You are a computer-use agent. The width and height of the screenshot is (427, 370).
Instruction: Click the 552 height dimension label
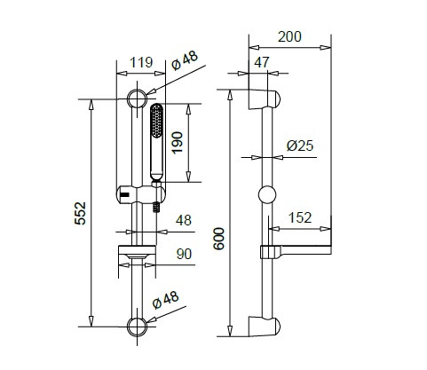point(80,213)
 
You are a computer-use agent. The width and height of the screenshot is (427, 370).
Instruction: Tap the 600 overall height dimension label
point(219,239)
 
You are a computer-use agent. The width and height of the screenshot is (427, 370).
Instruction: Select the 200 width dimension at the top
point(289,36)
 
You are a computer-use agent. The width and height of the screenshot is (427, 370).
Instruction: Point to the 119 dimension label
point(141,62)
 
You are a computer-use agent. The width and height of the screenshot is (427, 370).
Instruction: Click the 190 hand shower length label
point(178,143)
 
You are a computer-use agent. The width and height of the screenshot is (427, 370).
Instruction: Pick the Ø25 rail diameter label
point(300,146)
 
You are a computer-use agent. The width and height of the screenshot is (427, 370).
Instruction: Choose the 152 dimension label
point(300,217)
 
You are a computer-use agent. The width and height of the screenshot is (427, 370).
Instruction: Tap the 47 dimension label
point(262,62)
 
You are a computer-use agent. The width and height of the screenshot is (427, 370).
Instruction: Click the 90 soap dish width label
point(184,254)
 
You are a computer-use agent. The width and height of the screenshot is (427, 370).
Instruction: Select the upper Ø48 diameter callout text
point(185,60)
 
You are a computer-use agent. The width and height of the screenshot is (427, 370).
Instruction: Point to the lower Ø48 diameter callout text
point(166,300)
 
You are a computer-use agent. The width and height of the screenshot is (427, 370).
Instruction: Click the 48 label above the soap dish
point(184,220)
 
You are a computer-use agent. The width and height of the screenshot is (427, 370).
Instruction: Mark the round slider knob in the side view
point(267,194)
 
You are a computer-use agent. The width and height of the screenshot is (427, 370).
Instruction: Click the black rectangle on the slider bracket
point(125,194)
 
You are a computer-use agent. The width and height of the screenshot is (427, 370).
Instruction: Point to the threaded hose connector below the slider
point(156,207)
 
